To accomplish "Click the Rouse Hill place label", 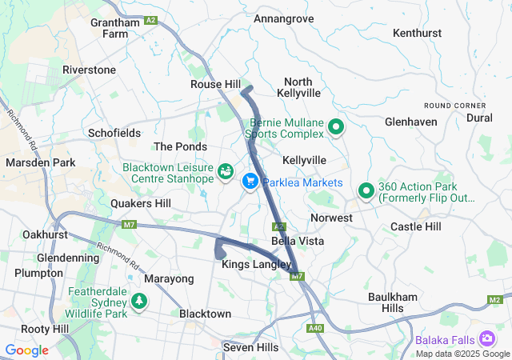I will coord(215,84).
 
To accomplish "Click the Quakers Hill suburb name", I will coord(141,204).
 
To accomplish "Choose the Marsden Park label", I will coord(40,162).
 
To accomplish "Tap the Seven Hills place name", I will coord(250,347).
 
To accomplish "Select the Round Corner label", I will coord(454,106).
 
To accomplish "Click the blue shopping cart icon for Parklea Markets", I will coord(250,182).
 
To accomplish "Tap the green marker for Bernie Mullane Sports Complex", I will coord(337,126).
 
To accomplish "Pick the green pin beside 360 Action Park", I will coord(366,190).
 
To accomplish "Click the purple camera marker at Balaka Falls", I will coord(486,339).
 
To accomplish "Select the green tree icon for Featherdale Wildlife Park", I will coord(140,301).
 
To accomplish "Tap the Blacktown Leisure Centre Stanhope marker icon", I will coord(226,171).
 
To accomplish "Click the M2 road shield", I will coord(494,299).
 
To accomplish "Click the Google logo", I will coord(26,350).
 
